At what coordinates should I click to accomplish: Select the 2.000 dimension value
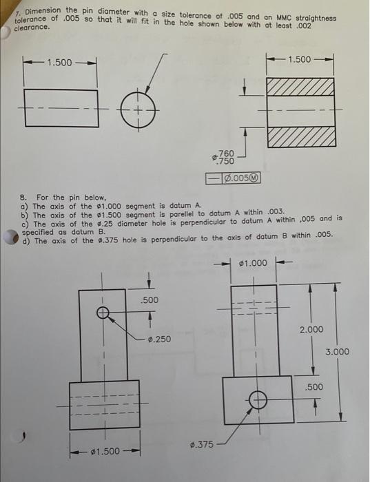tap(311, 330)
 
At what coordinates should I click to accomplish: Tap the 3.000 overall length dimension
tap(338, 352)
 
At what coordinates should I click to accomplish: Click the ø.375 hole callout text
tap(200, 446)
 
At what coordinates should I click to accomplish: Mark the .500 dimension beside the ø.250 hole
tap(150, 300)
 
